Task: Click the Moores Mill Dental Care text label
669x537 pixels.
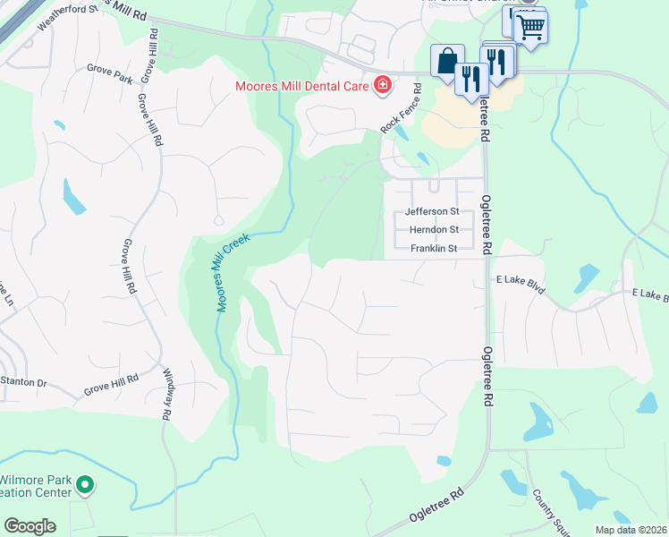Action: click(x=303, y=86)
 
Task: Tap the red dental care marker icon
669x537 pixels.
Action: click(x=383, y=86)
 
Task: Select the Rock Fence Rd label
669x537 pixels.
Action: click(x=401, y=109)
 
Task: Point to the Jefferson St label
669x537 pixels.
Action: click(x=432, y=212)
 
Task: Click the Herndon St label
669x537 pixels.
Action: click(x=433, y=230)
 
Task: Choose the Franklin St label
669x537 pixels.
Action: click(x=434, y=248)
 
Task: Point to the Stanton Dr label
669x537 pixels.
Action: click(x=23, y=381)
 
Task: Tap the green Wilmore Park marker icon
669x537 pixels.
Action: click(x=85, y=486)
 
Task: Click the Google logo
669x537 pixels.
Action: click(x=29, y=526)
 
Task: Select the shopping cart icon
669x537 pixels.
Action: click(x=530, y=27)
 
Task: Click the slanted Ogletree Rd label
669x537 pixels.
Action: click(x=437, y=505)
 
